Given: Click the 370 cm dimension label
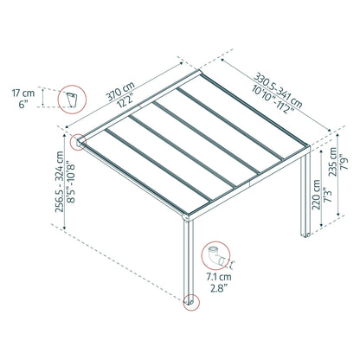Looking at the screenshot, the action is coord(120,91).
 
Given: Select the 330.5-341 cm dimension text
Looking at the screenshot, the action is coord(278,89).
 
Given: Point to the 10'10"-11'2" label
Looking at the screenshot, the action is coord(273,99).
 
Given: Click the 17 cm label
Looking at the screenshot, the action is coord(23,93).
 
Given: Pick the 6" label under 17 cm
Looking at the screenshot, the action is coord(23,105).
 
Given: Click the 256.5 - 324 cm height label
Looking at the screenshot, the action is coord(60,182).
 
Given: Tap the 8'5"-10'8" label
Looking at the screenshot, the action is coord(71,182).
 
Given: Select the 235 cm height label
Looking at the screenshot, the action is coord(332,162).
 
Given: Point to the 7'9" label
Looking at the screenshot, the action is coord(344,163).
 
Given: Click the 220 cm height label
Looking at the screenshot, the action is coord(316,195).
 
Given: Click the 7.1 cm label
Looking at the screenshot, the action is coord(219,277).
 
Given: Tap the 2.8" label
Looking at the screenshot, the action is coord(219,288).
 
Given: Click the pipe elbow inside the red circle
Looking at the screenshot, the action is coord(215,255).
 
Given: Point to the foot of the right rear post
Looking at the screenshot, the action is coord(305,235).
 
